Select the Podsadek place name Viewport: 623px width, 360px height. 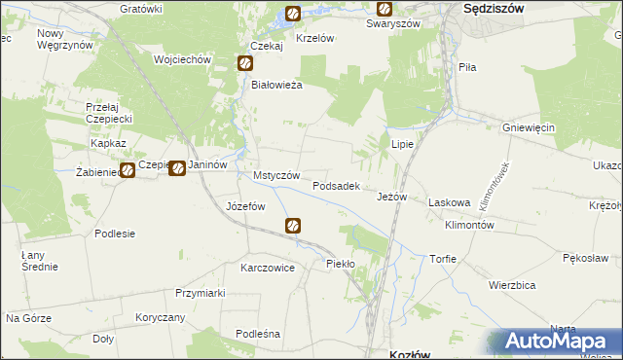click(337, 185)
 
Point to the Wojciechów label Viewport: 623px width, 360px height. click(182, 59)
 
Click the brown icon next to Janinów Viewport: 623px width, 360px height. click(176, 168)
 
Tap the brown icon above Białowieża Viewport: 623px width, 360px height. click(245, 64)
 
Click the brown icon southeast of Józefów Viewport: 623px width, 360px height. click(293, 226)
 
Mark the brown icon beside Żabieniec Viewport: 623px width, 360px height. click(127, 171)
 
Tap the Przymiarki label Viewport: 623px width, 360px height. click(201, 293)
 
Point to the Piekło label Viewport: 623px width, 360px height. click(341, 264)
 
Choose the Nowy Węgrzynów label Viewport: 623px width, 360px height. click(64, 39)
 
